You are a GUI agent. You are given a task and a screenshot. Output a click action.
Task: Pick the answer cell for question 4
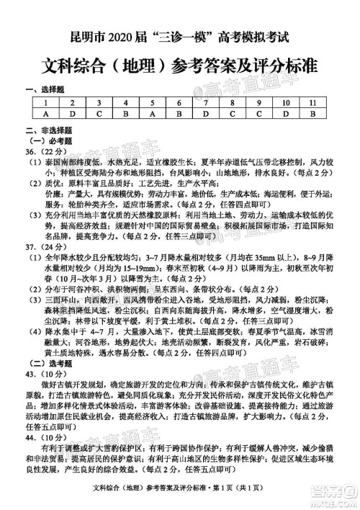(125, 114)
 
